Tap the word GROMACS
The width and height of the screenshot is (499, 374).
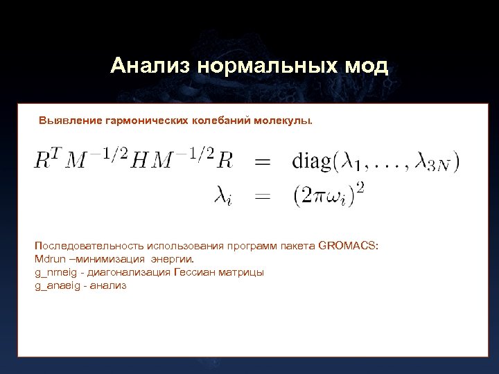point(348,245)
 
